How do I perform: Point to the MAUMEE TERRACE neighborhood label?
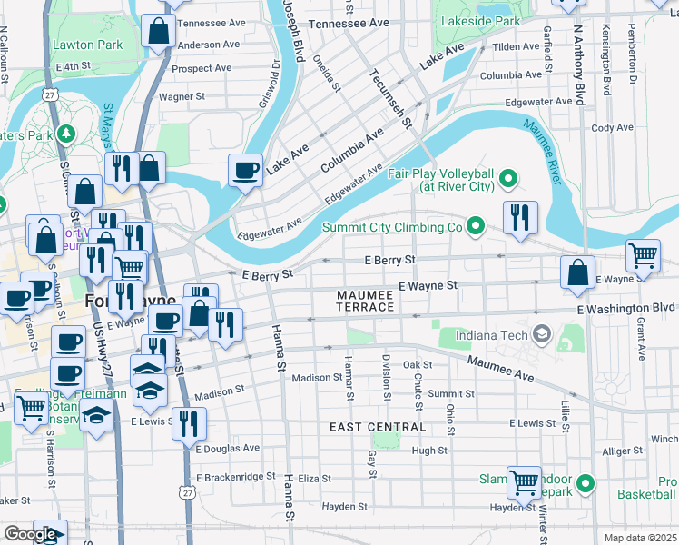click(366, 302)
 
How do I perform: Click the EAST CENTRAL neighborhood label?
click(378, 427)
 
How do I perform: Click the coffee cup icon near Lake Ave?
click(245, 169)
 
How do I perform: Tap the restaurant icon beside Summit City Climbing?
click(520, 217)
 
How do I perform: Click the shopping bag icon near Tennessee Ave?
click(159, 31)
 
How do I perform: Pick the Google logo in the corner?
click(30, 534)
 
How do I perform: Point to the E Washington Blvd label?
click(626, 309)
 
